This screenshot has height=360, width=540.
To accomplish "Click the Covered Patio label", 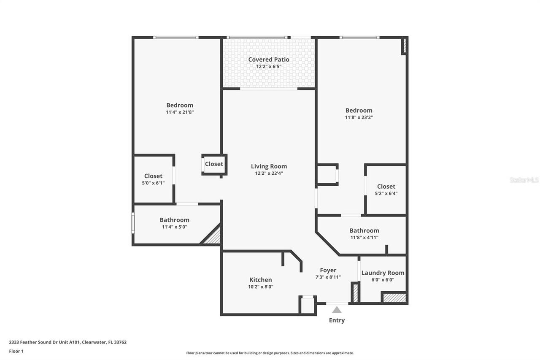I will tap(269, 60).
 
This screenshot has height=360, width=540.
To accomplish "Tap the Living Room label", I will tap(269, 166).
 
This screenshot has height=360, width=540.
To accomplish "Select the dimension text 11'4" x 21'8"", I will tap(180, 112).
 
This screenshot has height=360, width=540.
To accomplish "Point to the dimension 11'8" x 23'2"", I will tap(359, 117).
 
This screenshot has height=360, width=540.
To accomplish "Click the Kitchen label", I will tap(261, 280).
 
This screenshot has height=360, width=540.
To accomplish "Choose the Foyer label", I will tap(328, 270).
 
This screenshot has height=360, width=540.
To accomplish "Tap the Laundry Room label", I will tap(383, 273).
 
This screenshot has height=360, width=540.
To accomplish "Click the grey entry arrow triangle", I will tap(337, 310).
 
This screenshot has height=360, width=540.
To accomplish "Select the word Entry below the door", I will tap(337, 320).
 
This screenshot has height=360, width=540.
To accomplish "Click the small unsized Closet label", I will tap(214, 164).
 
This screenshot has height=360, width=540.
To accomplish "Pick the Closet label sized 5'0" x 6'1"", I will tap(153, 176).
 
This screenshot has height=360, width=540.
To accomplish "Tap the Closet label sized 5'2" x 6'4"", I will tap(386, 187).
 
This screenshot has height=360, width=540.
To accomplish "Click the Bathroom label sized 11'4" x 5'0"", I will tap(174, 220).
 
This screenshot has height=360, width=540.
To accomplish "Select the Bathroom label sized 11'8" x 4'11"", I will tap(364, 230).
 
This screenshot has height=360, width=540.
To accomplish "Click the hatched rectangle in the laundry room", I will tap(394, 298).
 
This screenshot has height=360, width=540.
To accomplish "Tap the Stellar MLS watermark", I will tap(524, 180).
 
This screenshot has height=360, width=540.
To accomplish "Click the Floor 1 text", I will tap(16, 351).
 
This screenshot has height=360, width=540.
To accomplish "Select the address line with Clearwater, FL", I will tap(67, 342).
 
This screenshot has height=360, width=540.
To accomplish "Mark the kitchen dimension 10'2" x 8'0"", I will tap(261, 287).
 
